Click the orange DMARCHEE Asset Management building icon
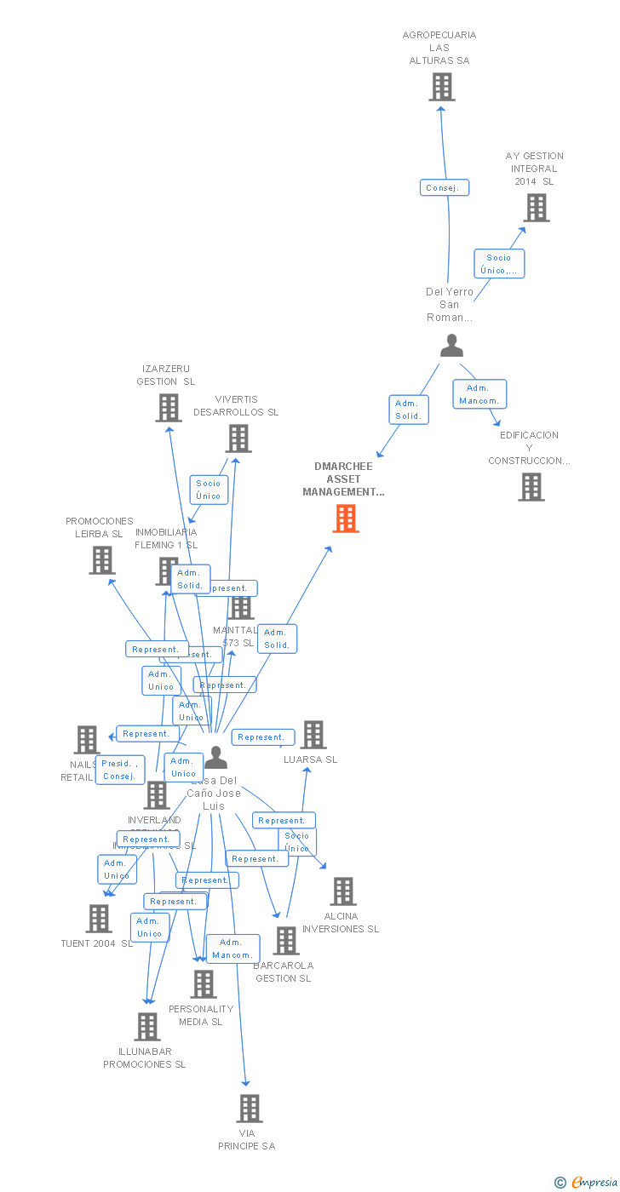[x=345, y=518]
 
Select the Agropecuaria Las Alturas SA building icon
[x=441, y=87]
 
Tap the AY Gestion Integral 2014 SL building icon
[x=536, y=208]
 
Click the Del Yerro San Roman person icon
[x=451, y=345]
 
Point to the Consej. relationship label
[x=444, y=187]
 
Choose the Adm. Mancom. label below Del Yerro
[x=479, y=394]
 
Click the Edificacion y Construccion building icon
[x=531, y=487]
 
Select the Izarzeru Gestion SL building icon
[x=169, y=408]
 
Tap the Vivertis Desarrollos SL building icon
[x=238, y=438]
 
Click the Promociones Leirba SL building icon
[x=101, y=560]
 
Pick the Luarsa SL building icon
[x=313, y=735]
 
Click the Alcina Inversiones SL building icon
[x=342, y=891]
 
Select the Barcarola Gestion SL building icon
[x=285, y=941]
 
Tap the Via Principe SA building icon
[x=249, y=1109]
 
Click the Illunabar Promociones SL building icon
[x=146, y=1027]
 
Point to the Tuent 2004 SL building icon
[x=99, y=919]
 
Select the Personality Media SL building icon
[x=203, y=984]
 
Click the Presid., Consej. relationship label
[x=120, y=770]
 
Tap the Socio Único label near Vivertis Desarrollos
[x=209, y=490]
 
